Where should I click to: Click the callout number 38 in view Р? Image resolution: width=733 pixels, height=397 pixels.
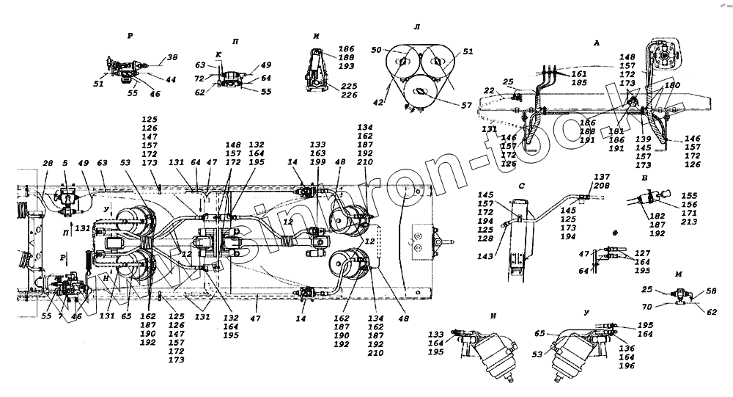173,57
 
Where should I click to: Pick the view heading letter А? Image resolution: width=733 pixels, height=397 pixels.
597,43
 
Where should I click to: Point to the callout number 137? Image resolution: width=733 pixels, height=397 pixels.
602,178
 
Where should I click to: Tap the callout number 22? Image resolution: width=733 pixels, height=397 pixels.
489,92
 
